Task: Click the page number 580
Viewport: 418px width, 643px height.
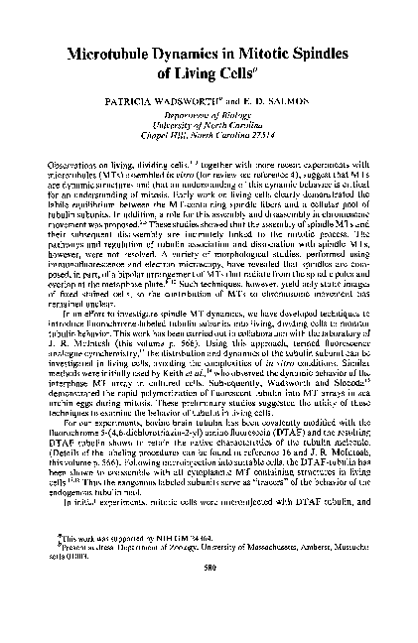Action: point(209,595)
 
